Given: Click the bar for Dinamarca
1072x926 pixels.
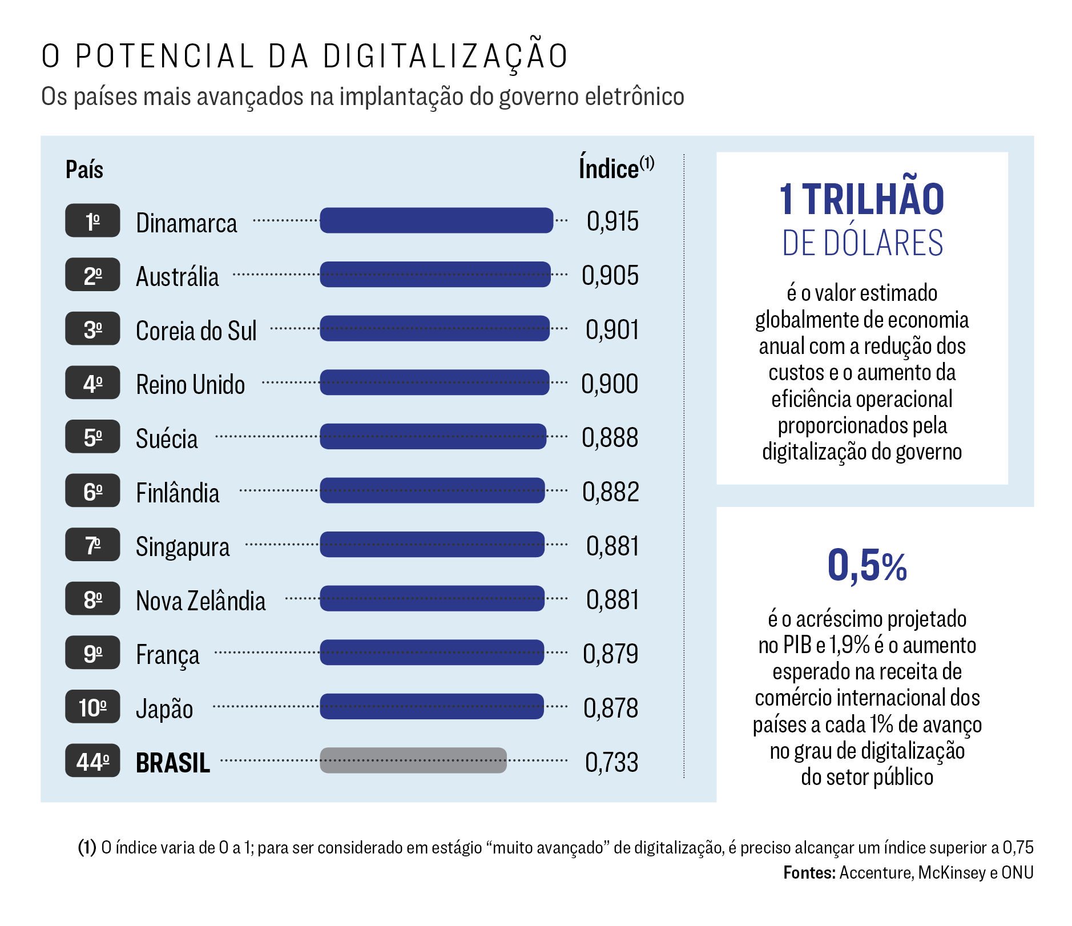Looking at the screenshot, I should [436, 220].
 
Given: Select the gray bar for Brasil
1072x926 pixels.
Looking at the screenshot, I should [413, 760].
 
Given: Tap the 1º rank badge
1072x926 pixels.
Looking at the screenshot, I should [92, 220].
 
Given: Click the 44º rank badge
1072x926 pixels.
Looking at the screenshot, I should [92, 760].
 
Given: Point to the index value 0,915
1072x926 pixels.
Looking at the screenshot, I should [612, 222].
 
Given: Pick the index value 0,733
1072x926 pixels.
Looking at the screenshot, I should [611, 762].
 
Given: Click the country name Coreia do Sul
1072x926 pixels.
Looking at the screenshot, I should [196, 331].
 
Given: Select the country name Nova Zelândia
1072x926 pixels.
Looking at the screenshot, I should [200, 601].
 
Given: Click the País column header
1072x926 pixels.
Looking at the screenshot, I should [84, 170].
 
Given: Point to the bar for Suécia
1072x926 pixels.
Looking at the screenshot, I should [433, 436].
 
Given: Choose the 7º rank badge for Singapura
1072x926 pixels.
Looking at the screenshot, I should [92, 545].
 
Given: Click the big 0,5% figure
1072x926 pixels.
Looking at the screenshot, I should [867, 566].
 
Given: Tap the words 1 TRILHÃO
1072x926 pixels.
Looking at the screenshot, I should [862, 199].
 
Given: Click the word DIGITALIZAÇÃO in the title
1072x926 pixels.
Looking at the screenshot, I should [445, 57].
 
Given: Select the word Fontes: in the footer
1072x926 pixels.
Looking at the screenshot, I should [809, 873].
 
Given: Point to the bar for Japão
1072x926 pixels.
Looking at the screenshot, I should [432, 706].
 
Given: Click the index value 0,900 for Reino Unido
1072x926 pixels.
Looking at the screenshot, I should [610, 384].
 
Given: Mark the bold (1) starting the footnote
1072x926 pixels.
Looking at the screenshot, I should [87, 848].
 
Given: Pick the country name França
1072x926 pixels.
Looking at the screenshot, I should [168, 655].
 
